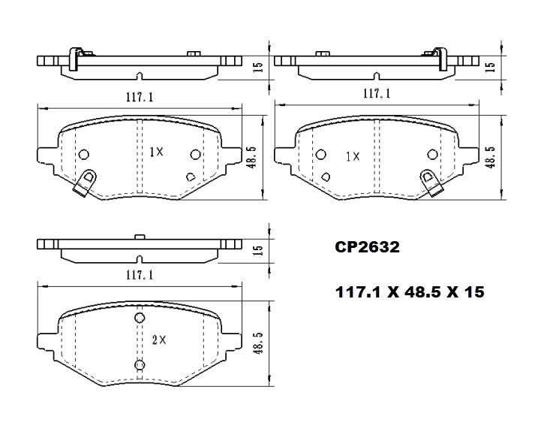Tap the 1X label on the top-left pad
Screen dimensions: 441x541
click(x=155, y=152)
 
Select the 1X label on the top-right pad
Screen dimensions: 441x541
click(x=352, y=156)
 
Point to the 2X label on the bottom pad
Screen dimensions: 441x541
click(x=158, y=340)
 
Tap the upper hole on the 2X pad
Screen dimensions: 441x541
click(x=139, y=319)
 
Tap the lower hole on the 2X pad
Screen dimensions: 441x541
click(x=139, y=366)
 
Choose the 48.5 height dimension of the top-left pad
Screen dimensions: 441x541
click(x=252, y=159)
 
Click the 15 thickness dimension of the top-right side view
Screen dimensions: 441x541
click(x=491, y=65)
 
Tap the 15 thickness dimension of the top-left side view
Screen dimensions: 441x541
click(x=257, y=66)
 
